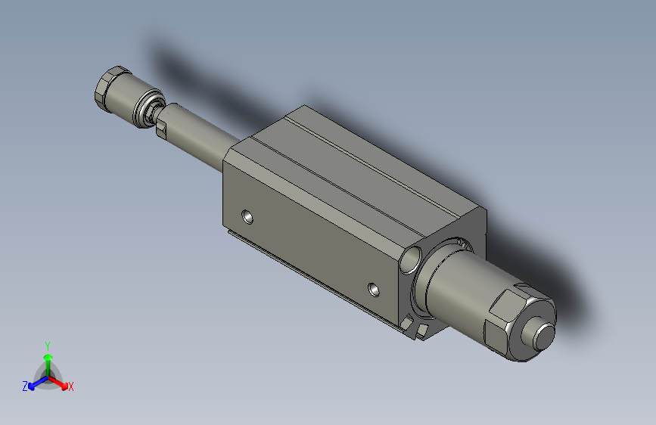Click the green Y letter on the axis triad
point(48,343)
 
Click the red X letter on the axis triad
point(71,386)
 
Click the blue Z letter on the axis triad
point(25,386)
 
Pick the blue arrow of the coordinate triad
point(35,382)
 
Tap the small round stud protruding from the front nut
point(544,336)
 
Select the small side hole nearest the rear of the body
point(247,218)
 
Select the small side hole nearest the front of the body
point(375,288)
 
